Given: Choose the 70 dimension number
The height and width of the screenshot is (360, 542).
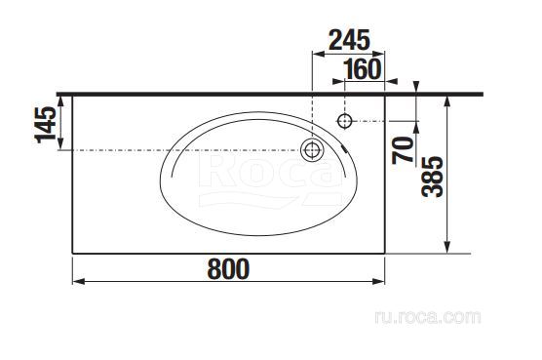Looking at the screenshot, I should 402,151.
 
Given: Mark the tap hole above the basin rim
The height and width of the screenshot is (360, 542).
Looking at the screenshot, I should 344,121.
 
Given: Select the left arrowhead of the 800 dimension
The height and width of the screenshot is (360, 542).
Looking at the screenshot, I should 78,282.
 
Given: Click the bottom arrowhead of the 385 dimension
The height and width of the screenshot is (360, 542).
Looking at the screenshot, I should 446,248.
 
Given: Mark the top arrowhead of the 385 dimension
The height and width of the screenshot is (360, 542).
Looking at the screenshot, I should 446,100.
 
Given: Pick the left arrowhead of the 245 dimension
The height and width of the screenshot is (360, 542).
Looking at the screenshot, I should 317,55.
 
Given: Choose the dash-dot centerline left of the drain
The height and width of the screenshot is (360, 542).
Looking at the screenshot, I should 185,150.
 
